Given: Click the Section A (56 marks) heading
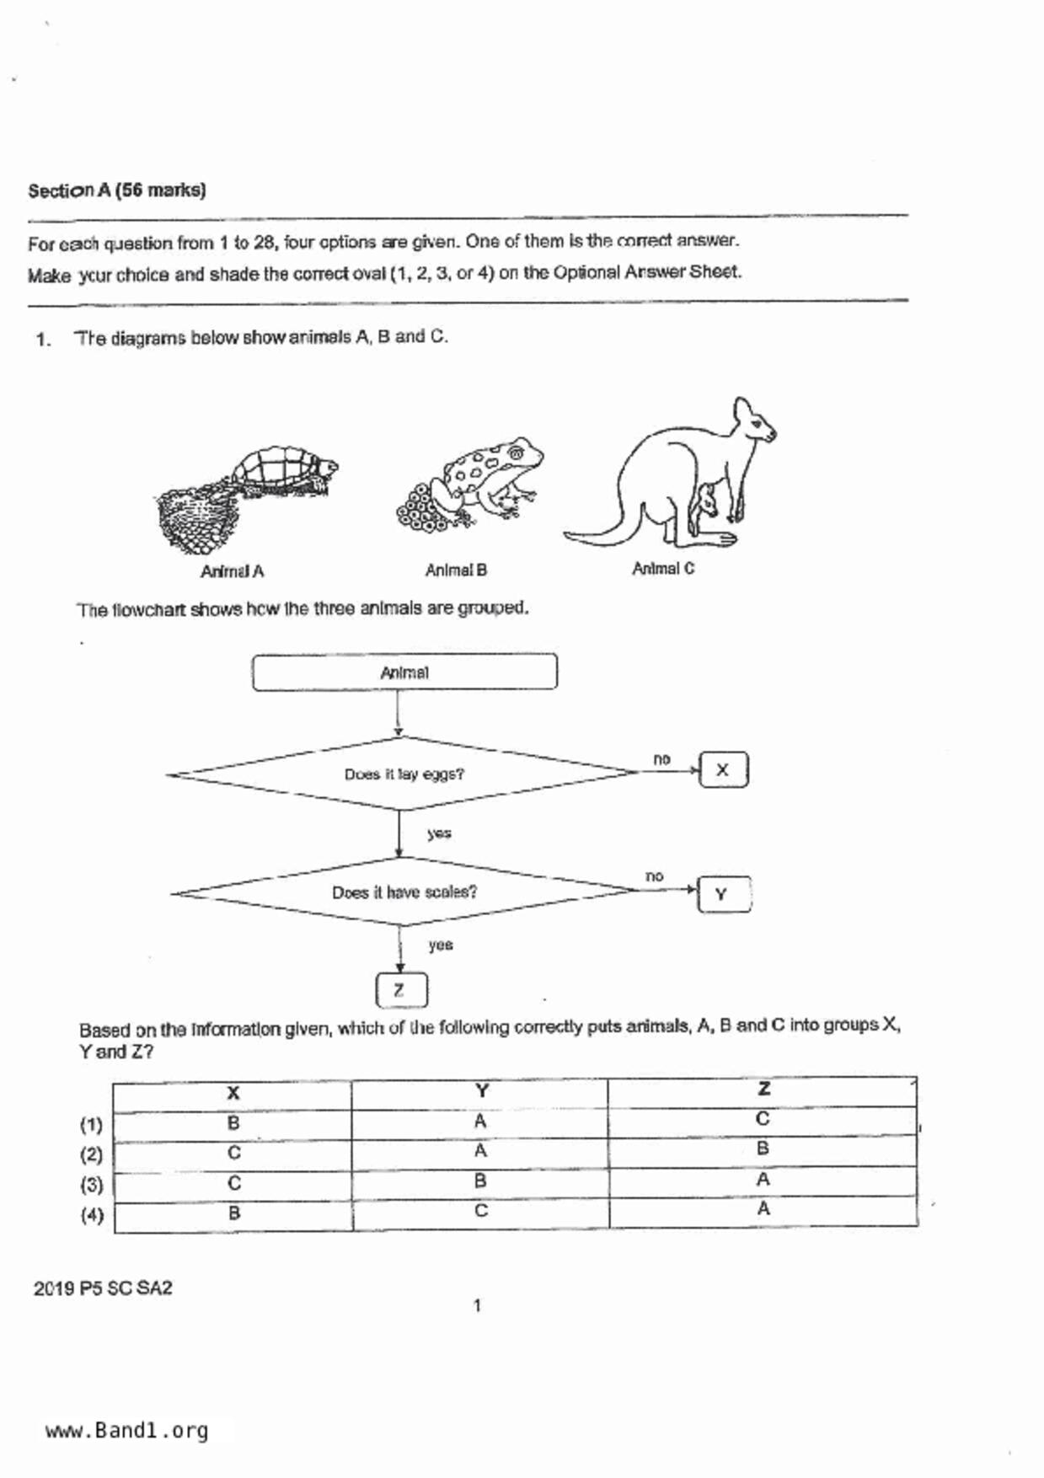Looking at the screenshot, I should (116, 190).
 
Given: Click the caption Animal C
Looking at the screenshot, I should (663, 569).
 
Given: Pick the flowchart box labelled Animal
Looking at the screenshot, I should (404, 672).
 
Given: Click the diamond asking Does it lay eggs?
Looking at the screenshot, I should (404, 774).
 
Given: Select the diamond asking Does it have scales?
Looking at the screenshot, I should (404, 892).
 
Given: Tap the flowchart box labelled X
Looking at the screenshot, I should (723, 770).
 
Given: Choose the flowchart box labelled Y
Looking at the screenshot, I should (723, 894).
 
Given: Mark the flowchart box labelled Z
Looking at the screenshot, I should (401, 990).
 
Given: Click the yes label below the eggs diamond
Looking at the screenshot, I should (439, 833).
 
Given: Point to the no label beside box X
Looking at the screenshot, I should (661, 759).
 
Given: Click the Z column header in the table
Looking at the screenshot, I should (763, 1089).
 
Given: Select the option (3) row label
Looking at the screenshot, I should (91, 1185).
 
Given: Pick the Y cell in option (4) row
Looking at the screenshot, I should (480, 1211).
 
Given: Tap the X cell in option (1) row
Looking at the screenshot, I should (233, 1123).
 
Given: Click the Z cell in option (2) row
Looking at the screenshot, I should (763, 1149).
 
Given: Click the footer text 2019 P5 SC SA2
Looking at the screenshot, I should (103, 1288).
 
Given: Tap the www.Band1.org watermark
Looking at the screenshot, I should (126, 1431).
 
